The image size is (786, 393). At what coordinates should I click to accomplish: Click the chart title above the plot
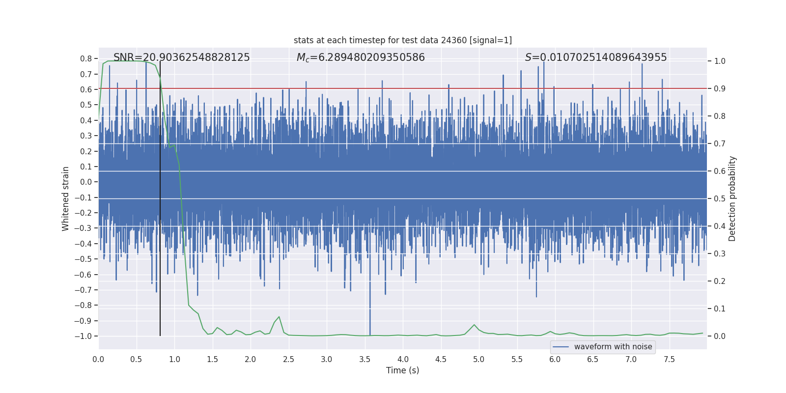(x=402, y=40)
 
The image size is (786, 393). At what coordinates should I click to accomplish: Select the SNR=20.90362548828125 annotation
(x=181, y=57)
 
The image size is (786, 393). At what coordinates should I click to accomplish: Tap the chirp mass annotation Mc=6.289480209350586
(x=361, y=57)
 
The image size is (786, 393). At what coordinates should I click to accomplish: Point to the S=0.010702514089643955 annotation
(x=595, y=57)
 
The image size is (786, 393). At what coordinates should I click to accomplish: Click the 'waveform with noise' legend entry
(x=613, y=347)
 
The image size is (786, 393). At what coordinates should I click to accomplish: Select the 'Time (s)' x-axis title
(x=402, y=370)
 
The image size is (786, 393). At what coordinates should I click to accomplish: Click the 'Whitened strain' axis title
(x=65, y=198)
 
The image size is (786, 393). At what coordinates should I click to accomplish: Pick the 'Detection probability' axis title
(x=732, y=198)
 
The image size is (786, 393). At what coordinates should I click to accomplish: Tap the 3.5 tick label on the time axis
(x=365, y=359)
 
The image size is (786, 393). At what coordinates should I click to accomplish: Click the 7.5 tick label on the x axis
(x=669, y=359)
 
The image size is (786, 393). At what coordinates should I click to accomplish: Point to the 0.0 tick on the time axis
(x=98, y=359)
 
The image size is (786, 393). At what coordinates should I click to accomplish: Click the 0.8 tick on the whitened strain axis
(x=86, y=58)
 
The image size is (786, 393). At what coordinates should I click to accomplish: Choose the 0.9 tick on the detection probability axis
(x=720, y=88)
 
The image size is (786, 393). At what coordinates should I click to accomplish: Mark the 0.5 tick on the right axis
(x=720, y=198)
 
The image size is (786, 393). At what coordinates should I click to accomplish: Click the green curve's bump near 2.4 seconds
(x=279, y=317)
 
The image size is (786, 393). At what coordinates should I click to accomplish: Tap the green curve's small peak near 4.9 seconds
(x=474, y=325)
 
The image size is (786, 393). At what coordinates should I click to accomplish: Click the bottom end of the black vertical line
(x=160, y=336)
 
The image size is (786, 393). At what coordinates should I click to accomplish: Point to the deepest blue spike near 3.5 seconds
(x=370, y=334)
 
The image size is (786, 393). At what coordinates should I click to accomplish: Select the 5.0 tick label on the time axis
(x=478, y=359)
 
